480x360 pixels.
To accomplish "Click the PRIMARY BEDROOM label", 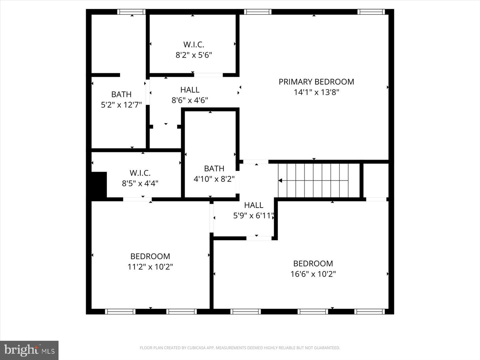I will (x=316, y=82).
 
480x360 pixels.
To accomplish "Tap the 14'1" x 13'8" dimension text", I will (x=316, y=92).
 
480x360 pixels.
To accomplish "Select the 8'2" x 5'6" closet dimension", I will (x=194, y=55).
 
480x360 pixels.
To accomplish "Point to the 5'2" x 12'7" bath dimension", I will (x=121, y=105).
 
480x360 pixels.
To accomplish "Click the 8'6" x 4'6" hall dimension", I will (x=190, y=100).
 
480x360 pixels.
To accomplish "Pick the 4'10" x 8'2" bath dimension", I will (x=214, y=179).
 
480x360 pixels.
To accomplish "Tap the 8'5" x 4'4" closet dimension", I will (x=140, y=183).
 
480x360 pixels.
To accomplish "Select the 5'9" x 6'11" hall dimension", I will (x=254, y=216).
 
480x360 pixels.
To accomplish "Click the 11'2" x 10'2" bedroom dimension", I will (x=150, y=267).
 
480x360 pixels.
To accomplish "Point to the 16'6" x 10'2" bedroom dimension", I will (x=313, y=274).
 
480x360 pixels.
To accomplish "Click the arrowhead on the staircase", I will (x=280, y=181).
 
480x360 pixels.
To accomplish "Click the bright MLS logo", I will (x=29, y=350).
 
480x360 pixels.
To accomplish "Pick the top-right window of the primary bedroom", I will (x=371, y=12).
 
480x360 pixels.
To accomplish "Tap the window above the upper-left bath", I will (x=132, y=12).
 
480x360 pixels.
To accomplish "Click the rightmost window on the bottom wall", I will (x=369, y=312).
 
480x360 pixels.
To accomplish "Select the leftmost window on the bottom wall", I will (x=120, y=312).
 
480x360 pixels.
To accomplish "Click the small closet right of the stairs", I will (x=376, y=180).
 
